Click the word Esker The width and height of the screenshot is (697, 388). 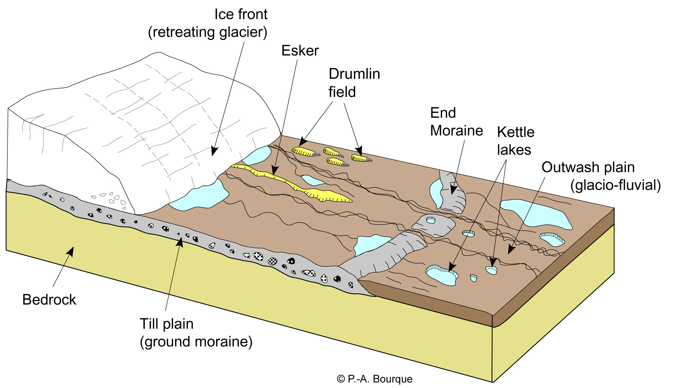[300, 51]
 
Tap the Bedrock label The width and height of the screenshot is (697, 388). [49, 300]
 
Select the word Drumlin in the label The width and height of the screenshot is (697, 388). [354, 74]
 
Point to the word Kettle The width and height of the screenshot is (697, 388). [515, 132]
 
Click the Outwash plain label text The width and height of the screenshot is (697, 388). [588, 167]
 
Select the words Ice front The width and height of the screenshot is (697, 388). [241, 14]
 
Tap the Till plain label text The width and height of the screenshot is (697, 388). [166, 324]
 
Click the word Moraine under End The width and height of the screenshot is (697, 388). [456, 131]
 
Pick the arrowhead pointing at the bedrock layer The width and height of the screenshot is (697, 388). [71, 251]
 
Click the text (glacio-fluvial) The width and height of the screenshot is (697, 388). [615, 185]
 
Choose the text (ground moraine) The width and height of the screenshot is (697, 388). [196, 341]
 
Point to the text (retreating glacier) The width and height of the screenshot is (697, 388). [207, 32]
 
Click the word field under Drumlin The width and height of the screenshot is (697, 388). [342, 92]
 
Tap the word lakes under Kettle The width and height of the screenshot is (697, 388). [514, 150]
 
